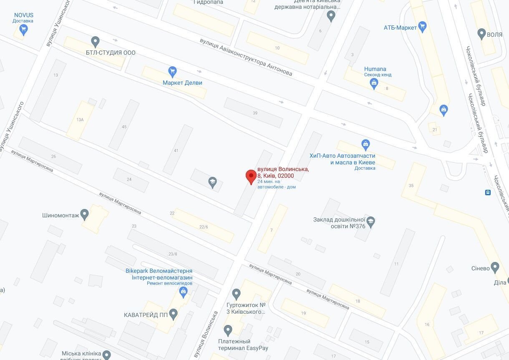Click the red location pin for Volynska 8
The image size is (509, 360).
pyautogui.click(x=250, y=176)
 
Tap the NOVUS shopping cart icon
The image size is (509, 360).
pyautogui.click(x=23, y=29)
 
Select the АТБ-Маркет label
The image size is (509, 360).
pyautogui.click(x=400, y=28)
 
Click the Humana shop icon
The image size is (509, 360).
pyautogui.click(x=374, y=83)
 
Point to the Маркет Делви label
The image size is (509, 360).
pyautogui.click(x=182, y=83)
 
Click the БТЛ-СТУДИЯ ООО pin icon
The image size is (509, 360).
pyautogui.click(x=96, y=41)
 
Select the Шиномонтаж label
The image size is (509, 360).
pyautogui.click(x=60, y=216)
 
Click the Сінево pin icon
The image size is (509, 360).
pyautogui.click(x=495, y=267)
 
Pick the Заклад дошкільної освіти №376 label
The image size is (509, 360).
pyautogui.click(x=339, y=222)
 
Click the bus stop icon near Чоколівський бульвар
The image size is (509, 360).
pyautogui.click(x=487, y=192)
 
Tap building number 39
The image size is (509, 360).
pyautogui.click(x=255, y=113)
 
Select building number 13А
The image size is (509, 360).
pyautogui.click(x=80, y=120)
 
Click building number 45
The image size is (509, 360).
pyautogui.click(x=124, y=126)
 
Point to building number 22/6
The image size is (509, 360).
pyautogui.click(x=204, y=227)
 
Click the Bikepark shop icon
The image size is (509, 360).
pyautogui.click(x=183, y=293)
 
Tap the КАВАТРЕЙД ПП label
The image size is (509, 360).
pyautogui.click(x=146, y=315)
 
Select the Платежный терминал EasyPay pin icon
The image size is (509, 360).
pyautogui.click(x=228, y=330)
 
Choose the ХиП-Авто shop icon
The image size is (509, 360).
pyautogui.click(x=365, y=144)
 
